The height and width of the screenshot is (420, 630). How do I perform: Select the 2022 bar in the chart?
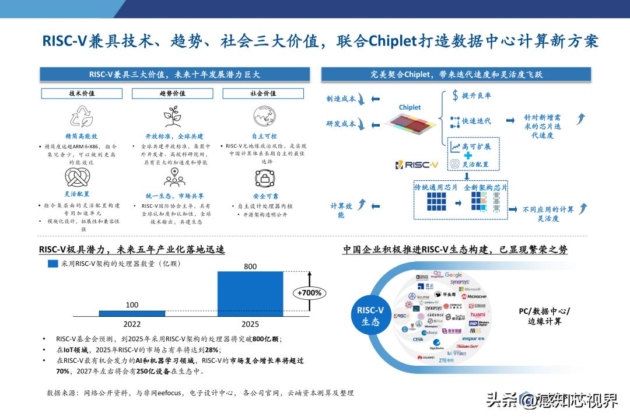click(132, 313)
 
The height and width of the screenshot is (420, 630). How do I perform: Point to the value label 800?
click(250, 267)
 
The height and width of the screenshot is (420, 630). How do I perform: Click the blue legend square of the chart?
click(53, 264)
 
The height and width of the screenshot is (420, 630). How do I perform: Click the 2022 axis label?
click(132, 324)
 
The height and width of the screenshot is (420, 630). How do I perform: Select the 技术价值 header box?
click(82, 93)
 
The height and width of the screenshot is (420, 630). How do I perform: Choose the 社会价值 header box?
click(263, 93)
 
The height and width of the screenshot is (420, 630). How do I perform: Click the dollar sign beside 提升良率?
click(455, 96)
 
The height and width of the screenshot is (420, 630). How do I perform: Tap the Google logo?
click(453, 275)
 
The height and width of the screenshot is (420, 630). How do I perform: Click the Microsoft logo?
click(469, 289)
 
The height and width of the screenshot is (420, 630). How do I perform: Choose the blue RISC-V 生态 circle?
click(370, 316)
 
